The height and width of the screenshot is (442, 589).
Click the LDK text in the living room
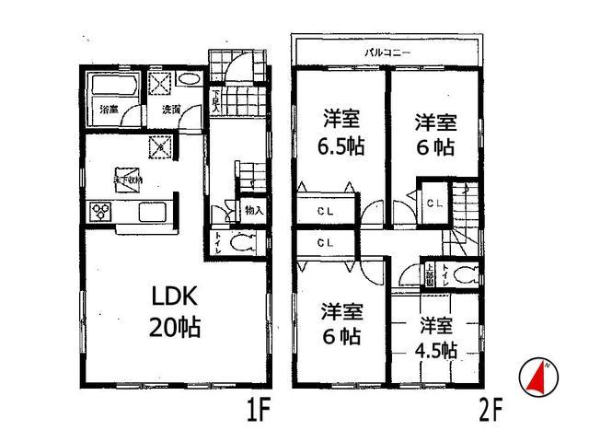(171, 297)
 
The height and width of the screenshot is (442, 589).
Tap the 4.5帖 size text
(436, 351)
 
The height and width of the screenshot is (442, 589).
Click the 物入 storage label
(255, 211)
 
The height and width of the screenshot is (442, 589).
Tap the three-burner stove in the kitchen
(100, 213)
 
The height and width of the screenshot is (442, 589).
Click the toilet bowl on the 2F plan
(466, 274)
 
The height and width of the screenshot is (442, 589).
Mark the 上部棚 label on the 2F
(430, 274)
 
